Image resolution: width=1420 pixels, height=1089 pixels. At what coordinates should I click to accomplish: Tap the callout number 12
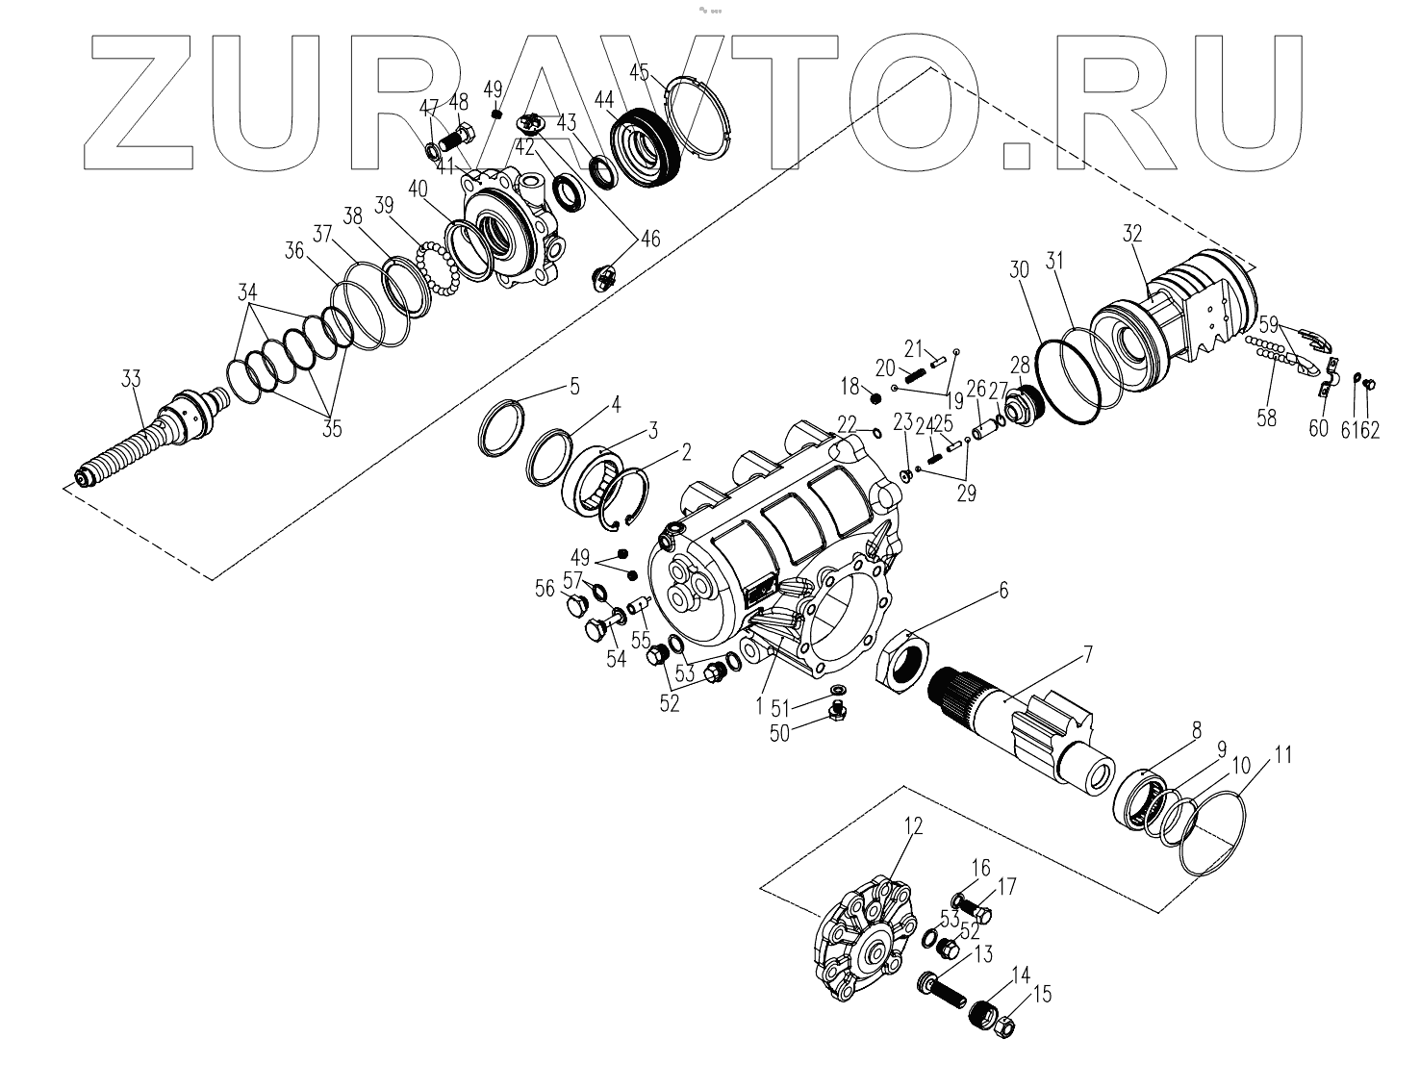coord(912,825)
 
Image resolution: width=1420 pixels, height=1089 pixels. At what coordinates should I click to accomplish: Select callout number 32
coord(1131,235)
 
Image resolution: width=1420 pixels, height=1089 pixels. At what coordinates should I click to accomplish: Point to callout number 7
coord(1087,656)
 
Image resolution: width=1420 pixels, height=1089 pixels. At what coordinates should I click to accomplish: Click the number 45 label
coord(640,72)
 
